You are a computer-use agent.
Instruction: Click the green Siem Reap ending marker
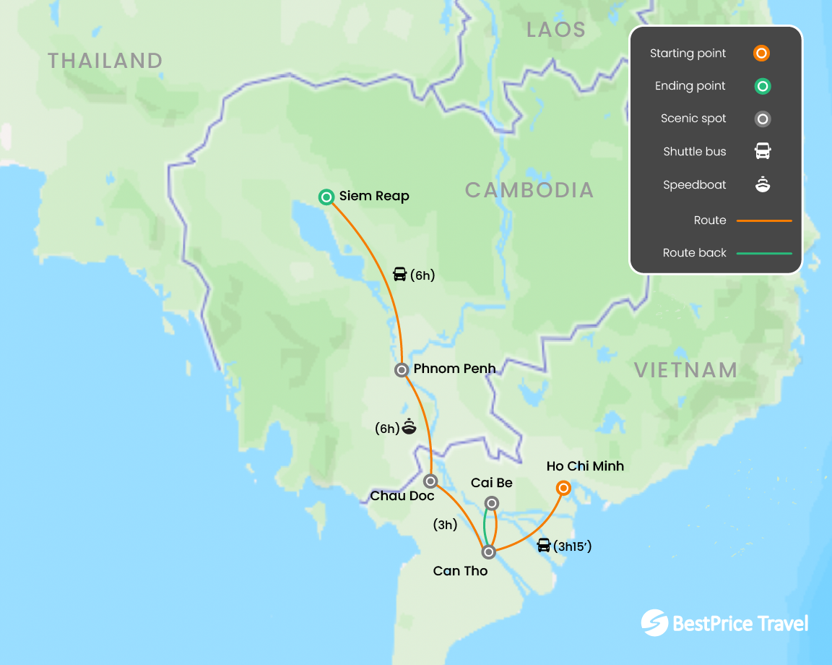326,197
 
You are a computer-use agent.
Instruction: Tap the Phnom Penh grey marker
402,370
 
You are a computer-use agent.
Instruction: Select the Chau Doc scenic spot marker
430,481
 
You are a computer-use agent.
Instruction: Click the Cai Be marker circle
491,503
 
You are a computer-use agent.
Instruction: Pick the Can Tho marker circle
488,552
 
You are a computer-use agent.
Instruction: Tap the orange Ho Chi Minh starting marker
563,488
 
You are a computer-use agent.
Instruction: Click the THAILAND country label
105,61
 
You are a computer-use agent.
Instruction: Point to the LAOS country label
556,30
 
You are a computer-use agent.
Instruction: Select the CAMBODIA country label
529,190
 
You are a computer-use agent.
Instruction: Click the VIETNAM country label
686,370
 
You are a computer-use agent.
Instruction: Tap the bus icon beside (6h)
399,274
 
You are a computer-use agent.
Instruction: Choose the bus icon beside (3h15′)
544,545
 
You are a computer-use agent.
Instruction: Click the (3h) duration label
445,525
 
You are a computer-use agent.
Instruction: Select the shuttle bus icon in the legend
763,152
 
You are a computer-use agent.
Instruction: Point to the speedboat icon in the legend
763,185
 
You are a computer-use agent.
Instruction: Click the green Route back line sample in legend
764,253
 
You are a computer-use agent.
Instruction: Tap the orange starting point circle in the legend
761,53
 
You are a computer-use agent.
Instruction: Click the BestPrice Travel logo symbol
654,622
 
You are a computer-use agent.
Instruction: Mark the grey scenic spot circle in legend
762,119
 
